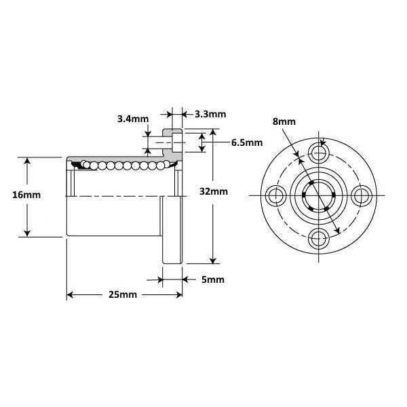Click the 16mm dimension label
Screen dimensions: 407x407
tap(26, 195)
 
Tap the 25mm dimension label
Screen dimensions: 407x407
tap(123, 295)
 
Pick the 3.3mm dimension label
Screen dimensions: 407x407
tap(210, 114)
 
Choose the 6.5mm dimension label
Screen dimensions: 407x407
tap(246, 143)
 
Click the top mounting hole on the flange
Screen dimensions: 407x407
tap(318, 151)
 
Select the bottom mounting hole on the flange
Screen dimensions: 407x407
tap(318, 239)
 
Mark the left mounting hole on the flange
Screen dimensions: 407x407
tap(275, 195)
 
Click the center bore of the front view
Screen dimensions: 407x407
tap(318, 195)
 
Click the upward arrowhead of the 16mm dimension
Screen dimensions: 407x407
tap(27, 161)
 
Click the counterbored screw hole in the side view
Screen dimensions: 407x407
tap(176, 143)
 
